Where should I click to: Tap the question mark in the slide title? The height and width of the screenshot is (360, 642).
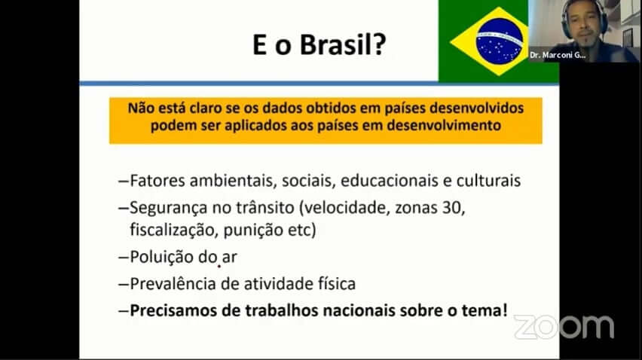click(380, 44)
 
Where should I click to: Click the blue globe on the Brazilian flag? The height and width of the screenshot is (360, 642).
click(500, 41)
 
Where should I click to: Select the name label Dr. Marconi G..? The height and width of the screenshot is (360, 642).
click(558, 55)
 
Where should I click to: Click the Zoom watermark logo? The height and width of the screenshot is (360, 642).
click(564, 327)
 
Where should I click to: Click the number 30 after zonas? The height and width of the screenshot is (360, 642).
click(451, 208)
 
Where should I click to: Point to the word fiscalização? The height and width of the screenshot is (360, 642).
click(174, 230)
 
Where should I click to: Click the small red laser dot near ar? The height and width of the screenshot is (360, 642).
click(219, 267)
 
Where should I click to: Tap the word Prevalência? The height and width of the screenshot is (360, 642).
click(173, 283)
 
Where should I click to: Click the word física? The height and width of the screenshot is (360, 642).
click(337, 283)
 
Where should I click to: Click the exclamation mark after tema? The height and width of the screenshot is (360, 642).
click(504, 310)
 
